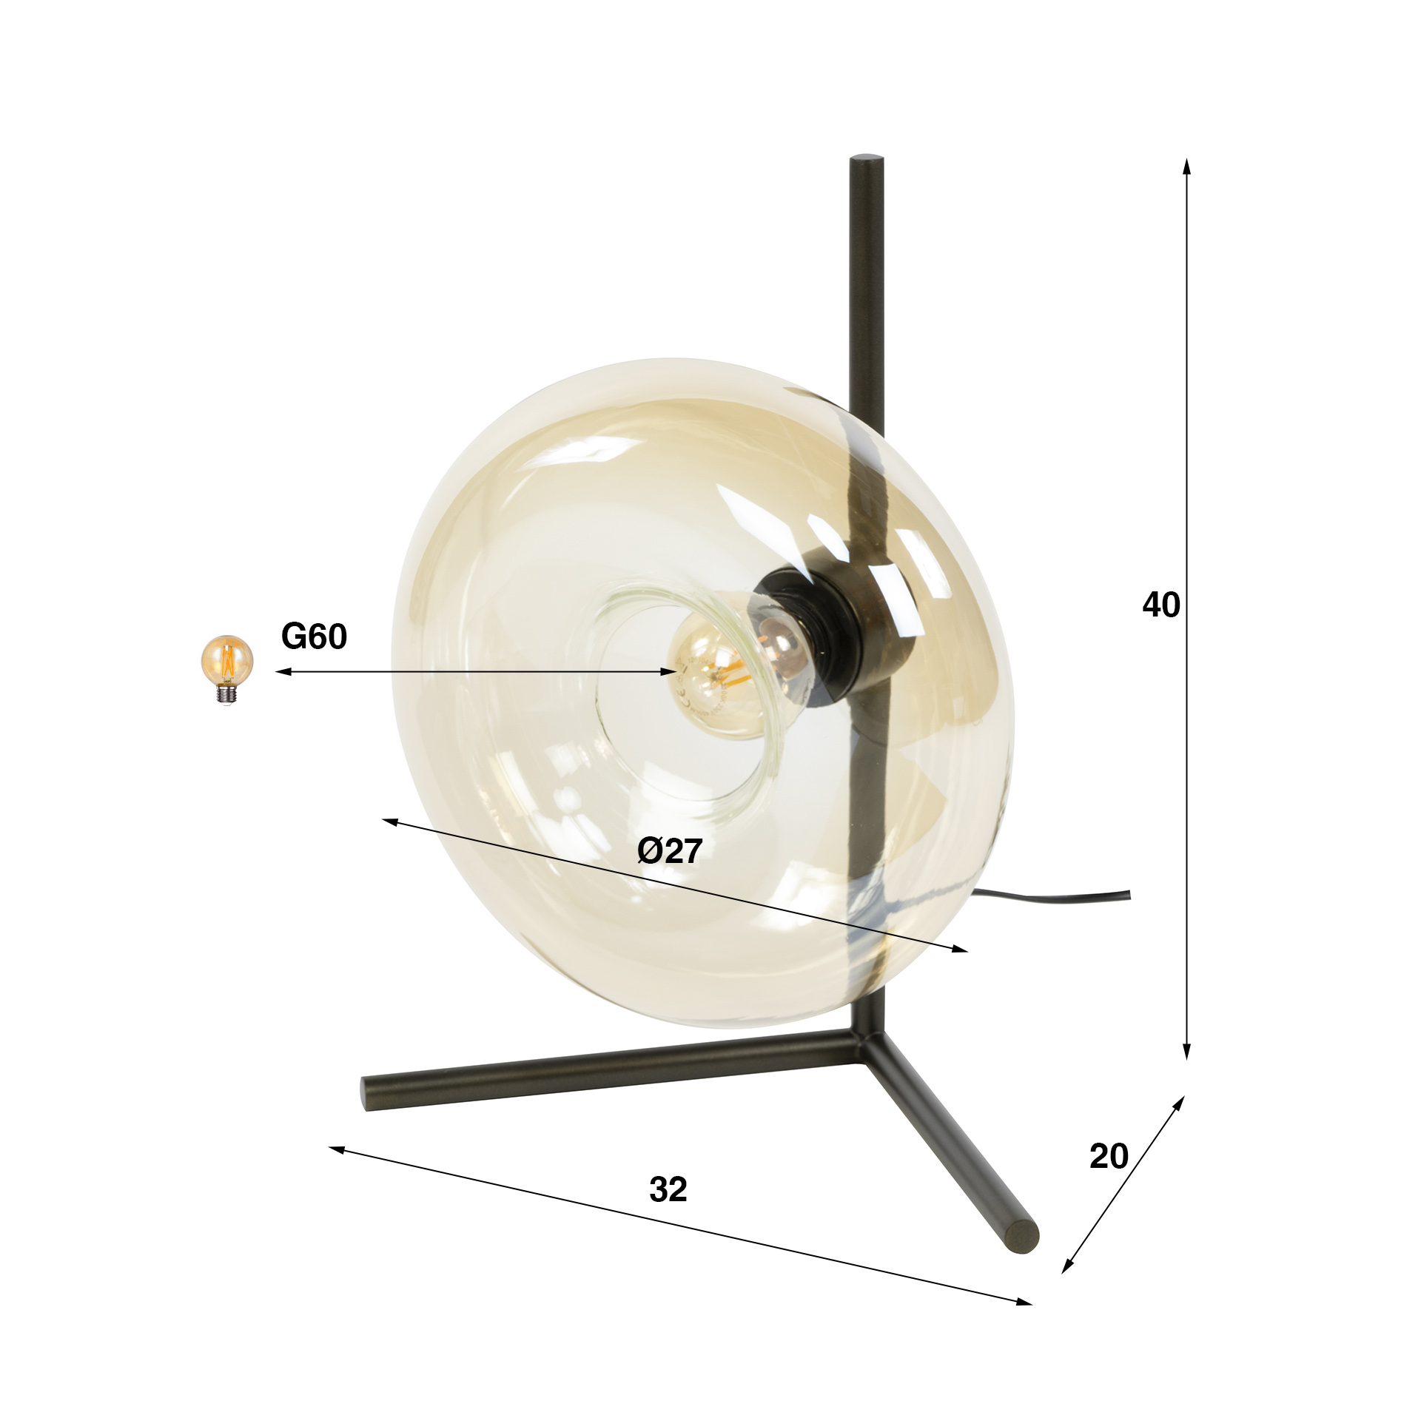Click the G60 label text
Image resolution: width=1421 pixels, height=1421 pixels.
(314, 636)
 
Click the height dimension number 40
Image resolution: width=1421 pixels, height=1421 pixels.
(1160, 605)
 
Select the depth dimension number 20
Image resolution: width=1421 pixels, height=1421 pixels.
(1109, 1156)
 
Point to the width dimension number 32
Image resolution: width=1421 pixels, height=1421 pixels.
(668, 1189)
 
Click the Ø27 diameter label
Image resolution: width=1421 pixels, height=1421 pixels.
(669, 851)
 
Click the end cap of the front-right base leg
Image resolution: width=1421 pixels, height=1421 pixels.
(1024, 1237)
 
